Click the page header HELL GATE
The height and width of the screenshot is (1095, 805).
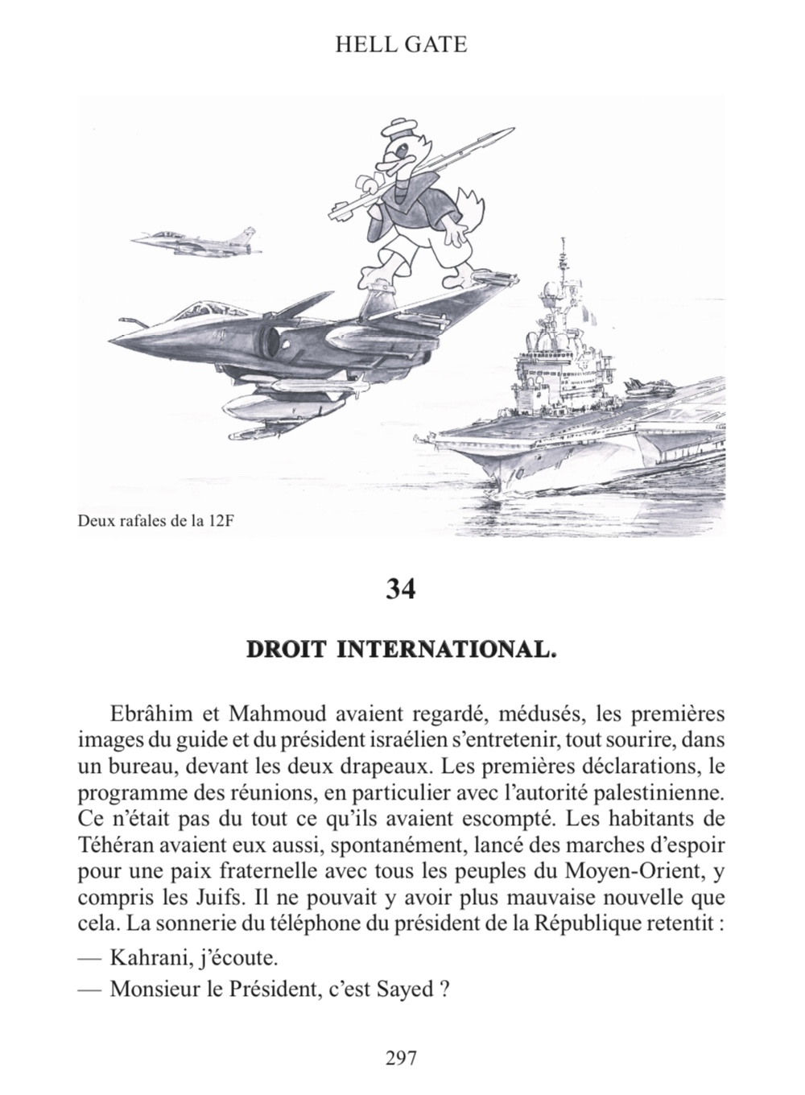pyautogui.click(x=401, y=44)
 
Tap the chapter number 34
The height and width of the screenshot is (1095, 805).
pyautogui.click(x=401, y=589)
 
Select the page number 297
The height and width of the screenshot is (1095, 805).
pyautogui.click(x=401, y=1058)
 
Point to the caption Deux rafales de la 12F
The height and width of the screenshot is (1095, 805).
pyautogui.click(x=159, y=520)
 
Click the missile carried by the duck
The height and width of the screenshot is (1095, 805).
pyautogui.click(x=419, y=169)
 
